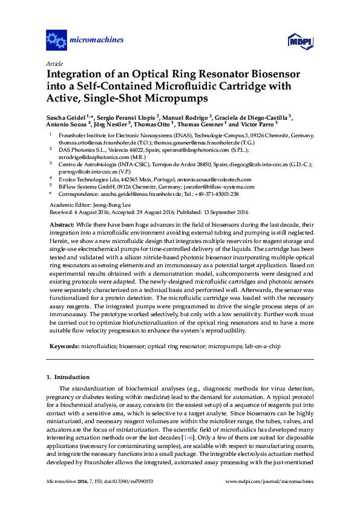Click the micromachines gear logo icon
point(56,41)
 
